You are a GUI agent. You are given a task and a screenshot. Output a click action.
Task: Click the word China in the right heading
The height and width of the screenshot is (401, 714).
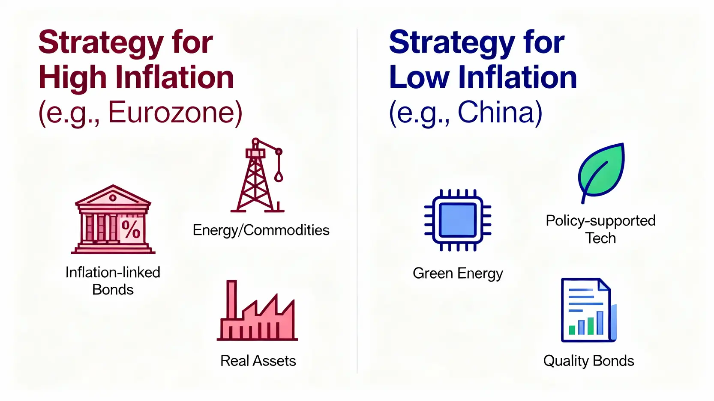[500, 113]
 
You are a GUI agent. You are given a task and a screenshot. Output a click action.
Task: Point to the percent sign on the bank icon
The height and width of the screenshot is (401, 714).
[131, 229]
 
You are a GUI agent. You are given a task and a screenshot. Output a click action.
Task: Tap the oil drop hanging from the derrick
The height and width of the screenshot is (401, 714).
[279, 176]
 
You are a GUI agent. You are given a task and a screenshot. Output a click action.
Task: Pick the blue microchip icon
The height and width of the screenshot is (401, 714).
[458, 220]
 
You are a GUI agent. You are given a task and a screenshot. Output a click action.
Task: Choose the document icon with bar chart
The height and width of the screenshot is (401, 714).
[588, 310]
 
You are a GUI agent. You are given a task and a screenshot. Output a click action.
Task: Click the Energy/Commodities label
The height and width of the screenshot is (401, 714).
[261, 230]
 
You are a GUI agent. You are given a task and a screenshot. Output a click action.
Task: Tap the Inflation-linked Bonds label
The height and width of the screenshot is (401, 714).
[113, 281]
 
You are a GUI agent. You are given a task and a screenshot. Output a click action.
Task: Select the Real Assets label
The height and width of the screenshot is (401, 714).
[258, 361]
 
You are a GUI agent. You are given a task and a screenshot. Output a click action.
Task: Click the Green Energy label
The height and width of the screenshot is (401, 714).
[458, 273]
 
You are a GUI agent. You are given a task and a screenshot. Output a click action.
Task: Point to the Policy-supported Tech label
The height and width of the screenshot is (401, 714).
[600, 229]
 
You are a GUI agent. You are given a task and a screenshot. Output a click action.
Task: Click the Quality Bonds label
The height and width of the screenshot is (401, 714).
[588, 361]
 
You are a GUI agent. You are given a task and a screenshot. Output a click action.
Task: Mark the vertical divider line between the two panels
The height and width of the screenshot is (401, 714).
[357, 201]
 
